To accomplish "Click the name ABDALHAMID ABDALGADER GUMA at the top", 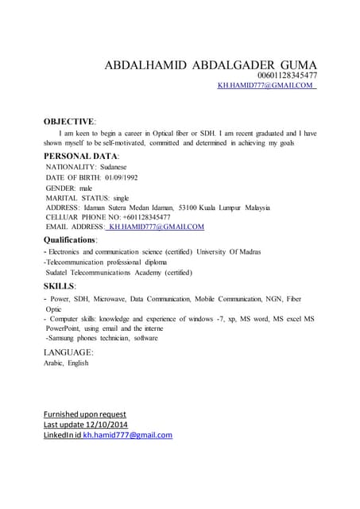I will (211, 65).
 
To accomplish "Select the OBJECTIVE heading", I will (68, 121).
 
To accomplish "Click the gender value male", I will (87, 188).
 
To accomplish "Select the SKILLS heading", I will (60, 286).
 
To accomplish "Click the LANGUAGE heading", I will (68, 352).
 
